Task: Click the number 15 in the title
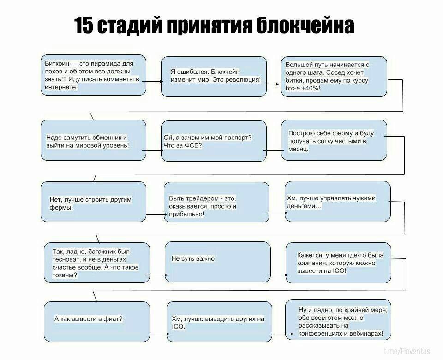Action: [84, 26]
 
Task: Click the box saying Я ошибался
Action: [214, 76]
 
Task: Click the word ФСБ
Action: [192, 145]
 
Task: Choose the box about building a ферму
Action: [334, 140]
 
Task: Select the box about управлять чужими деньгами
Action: [338, 201]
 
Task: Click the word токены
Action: [64, 275]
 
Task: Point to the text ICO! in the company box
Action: [338, 271]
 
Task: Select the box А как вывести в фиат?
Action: [97, 321]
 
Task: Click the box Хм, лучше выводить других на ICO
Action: [219, 321]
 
